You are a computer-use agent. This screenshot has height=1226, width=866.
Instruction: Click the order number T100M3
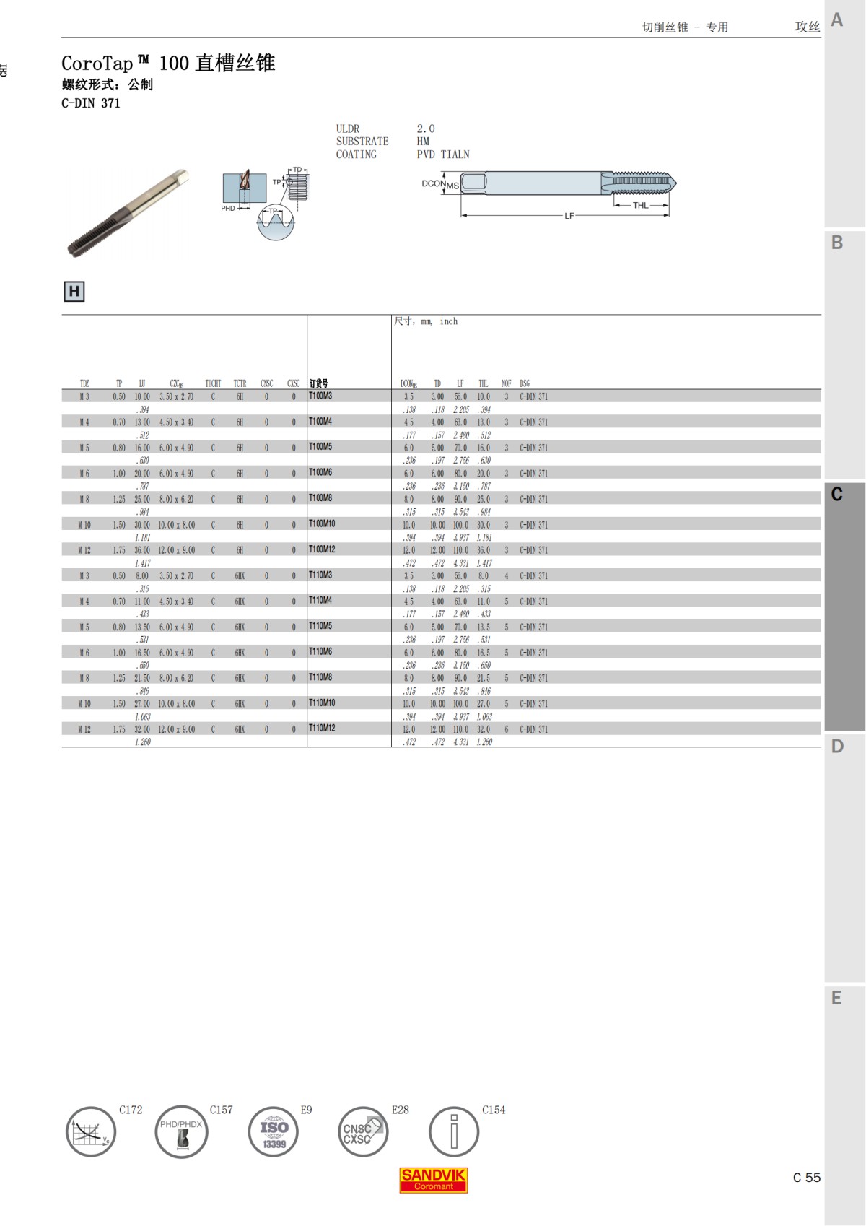pyautogui.click(x=320, y=396)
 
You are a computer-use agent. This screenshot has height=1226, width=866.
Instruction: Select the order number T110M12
pyautogui.click(x=322, y=729)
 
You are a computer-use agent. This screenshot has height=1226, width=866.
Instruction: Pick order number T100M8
pyautogui.click(x=320, y=498)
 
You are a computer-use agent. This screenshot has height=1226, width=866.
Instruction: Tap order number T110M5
pyautogui.click(x=320, y=626)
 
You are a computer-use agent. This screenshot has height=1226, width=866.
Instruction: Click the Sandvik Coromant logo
pyautogui.click(x=434, y=1180)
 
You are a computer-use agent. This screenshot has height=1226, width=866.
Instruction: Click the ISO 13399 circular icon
pyautogui.click(x=274, y=1132)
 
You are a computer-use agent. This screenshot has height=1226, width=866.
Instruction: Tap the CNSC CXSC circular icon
pyautogui.click(x=363, y=1132)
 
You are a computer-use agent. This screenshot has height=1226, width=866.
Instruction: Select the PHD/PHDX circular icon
pyautogui.click(x=181, y=1132)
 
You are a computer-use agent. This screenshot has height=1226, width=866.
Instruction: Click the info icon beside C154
pyautogui.click(x=454, y=1132)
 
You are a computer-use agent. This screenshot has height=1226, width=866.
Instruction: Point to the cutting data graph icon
pyautogui.click(x=91, y=1132)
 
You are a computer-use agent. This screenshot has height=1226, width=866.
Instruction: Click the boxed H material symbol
pyautogui.click(x=74, y=292)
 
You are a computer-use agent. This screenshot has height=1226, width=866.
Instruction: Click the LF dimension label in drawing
pyautogui.click(x=569, y=216)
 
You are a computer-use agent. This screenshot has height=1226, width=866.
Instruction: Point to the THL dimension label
pyautogui.click(x=640, y=206)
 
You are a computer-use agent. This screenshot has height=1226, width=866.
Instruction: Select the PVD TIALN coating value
pyautogui.click(x=443, y=155)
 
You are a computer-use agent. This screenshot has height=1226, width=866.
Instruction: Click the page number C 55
pyautogui.click(x=806, y=1178)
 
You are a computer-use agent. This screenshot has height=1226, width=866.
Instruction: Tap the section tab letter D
pyautogui.click(x=837, y=747)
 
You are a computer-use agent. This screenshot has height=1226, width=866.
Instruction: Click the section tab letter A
pyautogui.click(x=837, y=19)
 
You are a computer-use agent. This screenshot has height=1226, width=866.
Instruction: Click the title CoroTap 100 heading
pyautogui.click(x=168, y=64)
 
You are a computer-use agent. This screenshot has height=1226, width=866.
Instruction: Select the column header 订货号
pyautogui.click(x=318, y=383)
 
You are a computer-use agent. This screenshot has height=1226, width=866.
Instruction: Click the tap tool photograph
pyautogui.click(x=128, y=213)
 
